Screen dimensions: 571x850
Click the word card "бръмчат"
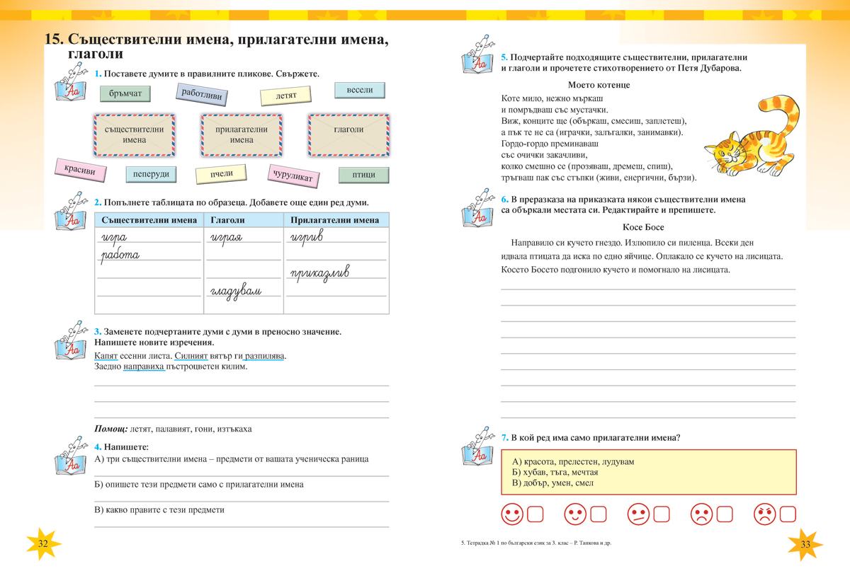(x=125, y=93)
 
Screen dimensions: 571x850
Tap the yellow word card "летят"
(x=286, y=96)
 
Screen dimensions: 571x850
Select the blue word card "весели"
(x=359, y=91)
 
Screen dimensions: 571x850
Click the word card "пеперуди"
(x=150, y=174)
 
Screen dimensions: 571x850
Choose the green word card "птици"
(x=363, y=175)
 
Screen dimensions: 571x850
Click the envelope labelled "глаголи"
(x=348, y=134)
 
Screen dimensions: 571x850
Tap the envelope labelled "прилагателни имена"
(x=242, y=134)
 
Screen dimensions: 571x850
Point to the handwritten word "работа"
(x=120, y=255)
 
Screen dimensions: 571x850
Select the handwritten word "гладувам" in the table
(x=235, y=291)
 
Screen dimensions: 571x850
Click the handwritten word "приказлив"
(x=319, y=273)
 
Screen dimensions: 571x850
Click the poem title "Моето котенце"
(x=599, y=85)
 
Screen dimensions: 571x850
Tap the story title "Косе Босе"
(x=643, y=227)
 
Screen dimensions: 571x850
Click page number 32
(x=42, y=543)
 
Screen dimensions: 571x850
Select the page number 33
(x=805, y=544)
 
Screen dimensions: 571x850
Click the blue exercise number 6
(x=504, y=200)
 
